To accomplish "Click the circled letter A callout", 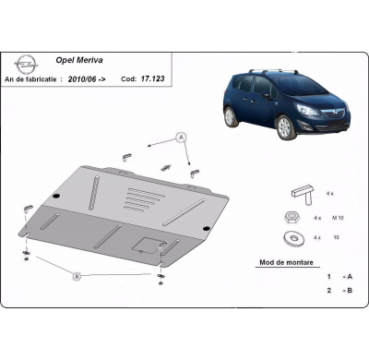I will [183, 137].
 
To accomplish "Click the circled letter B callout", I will [76, 274].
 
